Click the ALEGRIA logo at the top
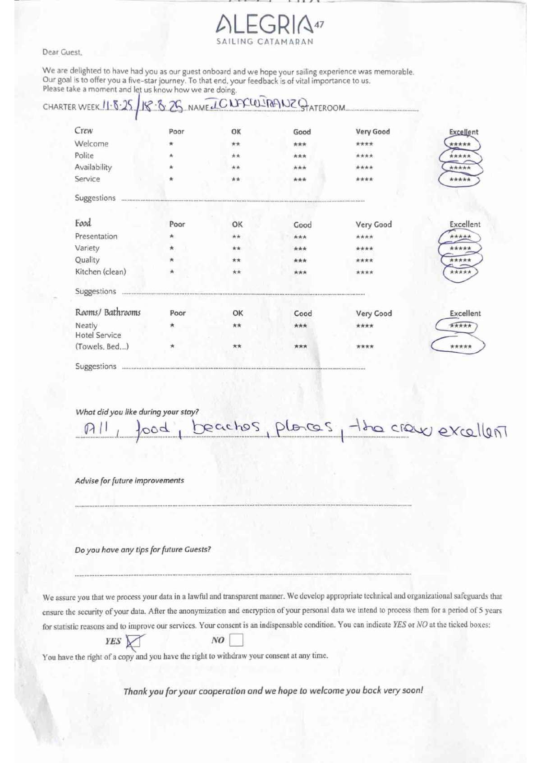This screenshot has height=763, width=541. (x=269, y=28)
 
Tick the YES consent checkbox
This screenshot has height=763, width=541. (x=133, y=641)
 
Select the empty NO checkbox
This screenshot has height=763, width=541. (x=236, y=640)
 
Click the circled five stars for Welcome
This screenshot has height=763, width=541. (x=460, y=144)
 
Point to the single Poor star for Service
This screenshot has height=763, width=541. (x=171, y=179)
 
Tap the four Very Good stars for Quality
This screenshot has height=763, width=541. (x=364, y=261)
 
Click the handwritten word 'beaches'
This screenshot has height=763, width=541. (x=227, y=427)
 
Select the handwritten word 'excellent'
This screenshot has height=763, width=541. (x=473, y=431)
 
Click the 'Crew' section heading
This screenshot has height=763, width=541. (x=83, y=131)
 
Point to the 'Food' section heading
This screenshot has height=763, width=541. (x=83, y=223)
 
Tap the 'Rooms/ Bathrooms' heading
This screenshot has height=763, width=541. (x=108, y=313)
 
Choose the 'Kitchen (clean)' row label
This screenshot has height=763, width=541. (x=101, y=272)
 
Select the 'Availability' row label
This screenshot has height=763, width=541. (x=93, y=167)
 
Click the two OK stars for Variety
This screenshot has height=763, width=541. (x=236, y=248)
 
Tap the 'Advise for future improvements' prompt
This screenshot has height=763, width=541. (x=129, y=481)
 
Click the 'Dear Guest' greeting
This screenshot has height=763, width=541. (x=62, y=52)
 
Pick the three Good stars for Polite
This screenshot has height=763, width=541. (x=300, y=156)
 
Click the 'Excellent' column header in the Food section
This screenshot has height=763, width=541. (x=465, y=224)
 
